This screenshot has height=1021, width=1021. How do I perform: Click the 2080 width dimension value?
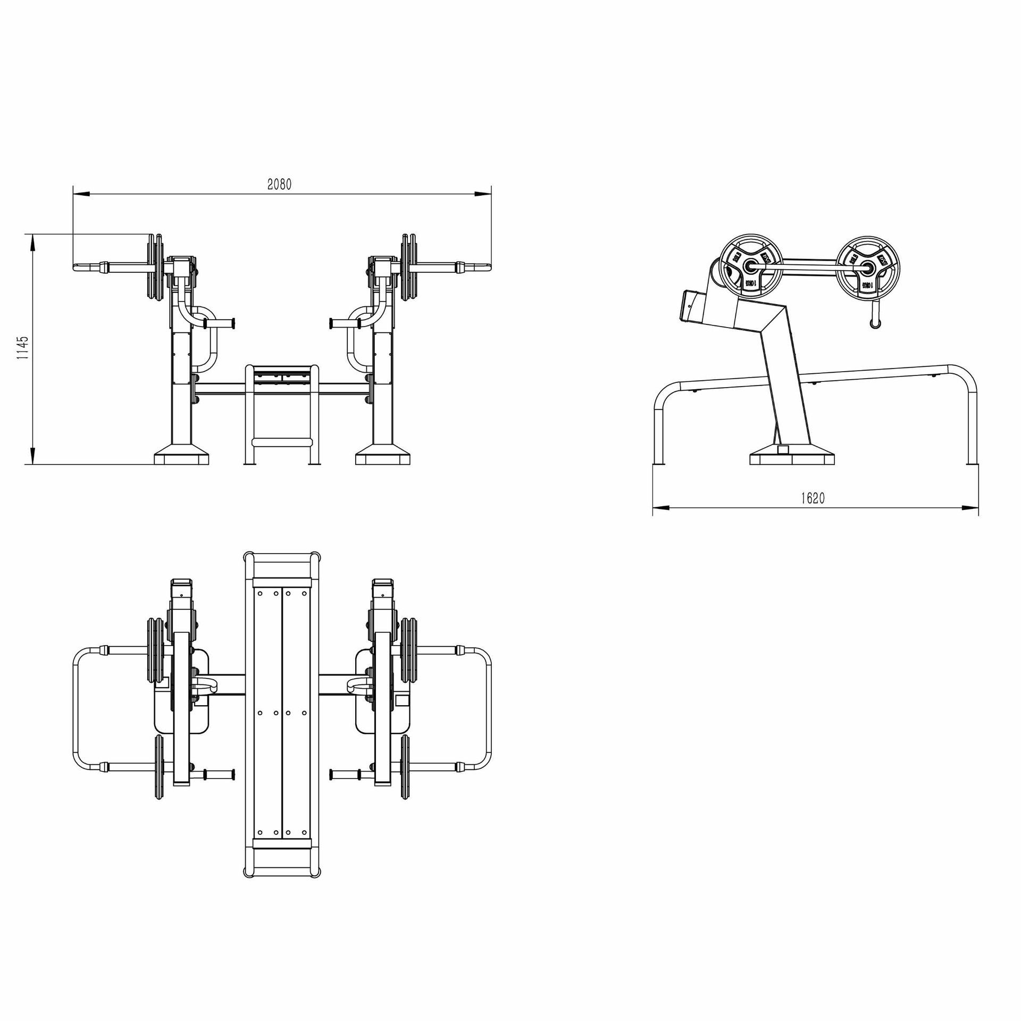[x=280, y=184]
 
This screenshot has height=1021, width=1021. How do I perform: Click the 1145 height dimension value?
[x=22, y=348]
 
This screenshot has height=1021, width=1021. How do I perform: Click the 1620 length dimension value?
[x=813, y=498]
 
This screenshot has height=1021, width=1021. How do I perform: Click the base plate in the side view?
[x=792, y=458]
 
